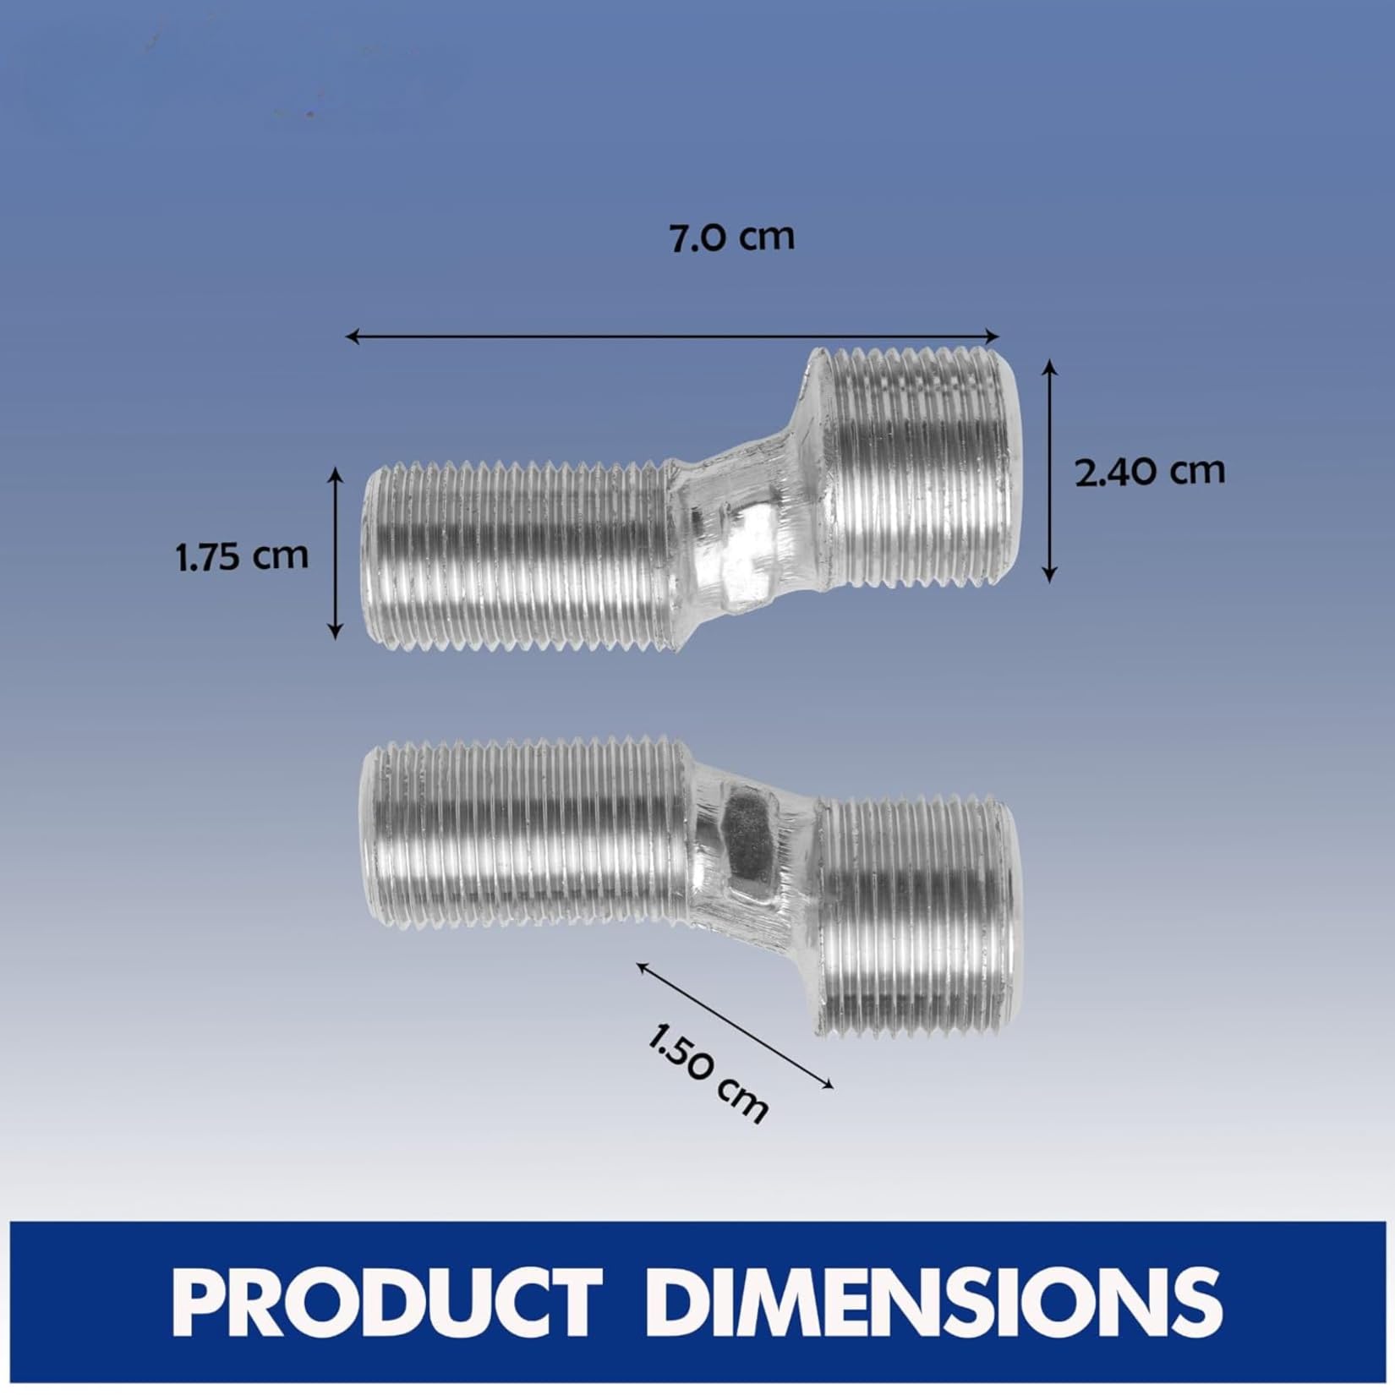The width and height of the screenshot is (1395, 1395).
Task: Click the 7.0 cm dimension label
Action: (x=732, y=238)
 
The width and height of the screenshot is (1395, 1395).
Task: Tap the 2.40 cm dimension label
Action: (x=1150, y=470)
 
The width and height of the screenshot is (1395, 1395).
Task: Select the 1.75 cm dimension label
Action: (x=243, y=557)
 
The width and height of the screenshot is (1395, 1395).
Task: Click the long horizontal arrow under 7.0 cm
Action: (x=673, y=336)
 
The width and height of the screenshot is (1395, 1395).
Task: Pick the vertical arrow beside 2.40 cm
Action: (x=1049, y=470)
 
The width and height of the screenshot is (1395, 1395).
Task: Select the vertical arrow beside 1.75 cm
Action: (x=336, y=553)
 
